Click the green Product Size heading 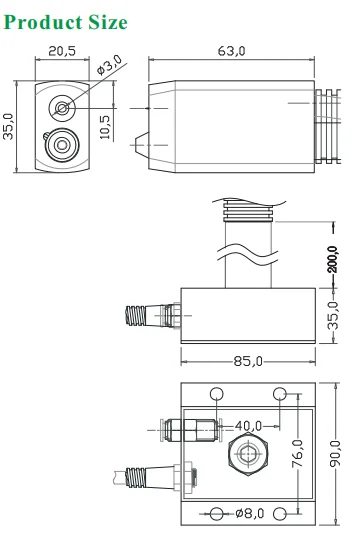(66, 21)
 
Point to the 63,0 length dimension (231, 50)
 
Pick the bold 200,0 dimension (333, 261)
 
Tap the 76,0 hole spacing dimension (297, 456)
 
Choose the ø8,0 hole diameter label (249, 514)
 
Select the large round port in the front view (62, 147)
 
